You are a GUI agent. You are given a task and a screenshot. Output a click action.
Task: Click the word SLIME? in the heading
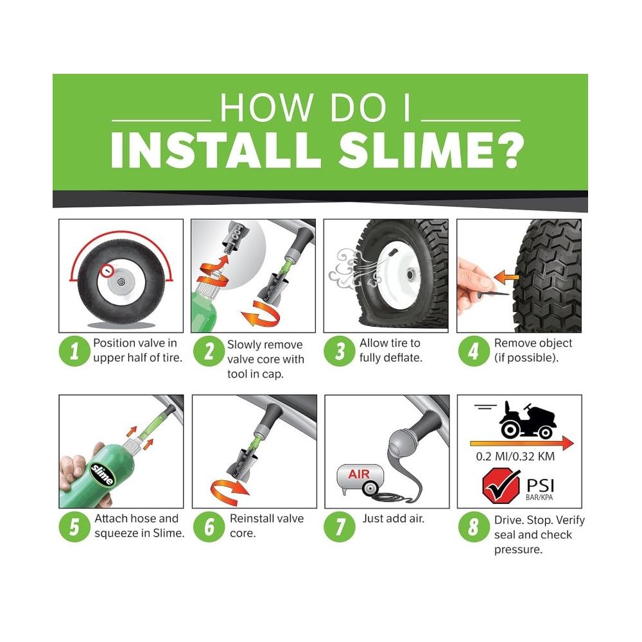[431, 151]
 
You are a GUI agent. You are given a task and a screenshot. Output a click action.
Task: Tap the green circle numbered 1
[74, 351]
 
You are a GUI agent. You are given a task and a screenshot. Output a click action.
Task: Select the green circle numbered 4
[473, 351]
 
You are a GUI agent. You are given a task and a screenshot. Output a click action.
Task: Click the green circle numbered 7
[340, 527]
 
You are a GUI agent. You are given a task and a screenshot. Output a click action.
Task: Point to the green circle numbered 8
[473, 527]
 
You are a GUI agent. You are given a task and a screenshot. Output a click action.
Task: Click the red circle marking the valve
[107, 270]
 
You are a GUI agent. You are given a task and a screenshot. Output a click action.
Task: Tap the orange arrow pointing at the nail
[507, 277]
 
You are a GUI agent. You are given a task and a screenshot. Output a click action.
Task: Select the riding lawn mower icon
[527, 421]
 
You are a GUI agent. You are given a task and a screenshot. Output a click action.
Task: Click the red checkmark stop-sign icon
[500, 486]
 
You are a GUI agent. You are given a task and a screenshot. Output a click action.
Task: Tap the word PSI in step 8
[540, 485]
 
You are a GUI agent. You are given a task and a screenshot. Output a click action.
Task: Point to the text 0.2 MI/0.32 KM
[515, 456]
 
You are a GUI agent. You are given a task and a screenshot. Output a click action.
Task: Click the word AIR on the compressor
[359, 474]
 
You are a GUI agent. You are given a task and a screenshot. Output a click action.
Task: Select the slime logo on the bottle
[101, 474]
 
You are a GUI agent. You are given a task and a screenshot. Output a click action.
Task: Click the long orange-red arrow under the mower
[521, 443]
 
